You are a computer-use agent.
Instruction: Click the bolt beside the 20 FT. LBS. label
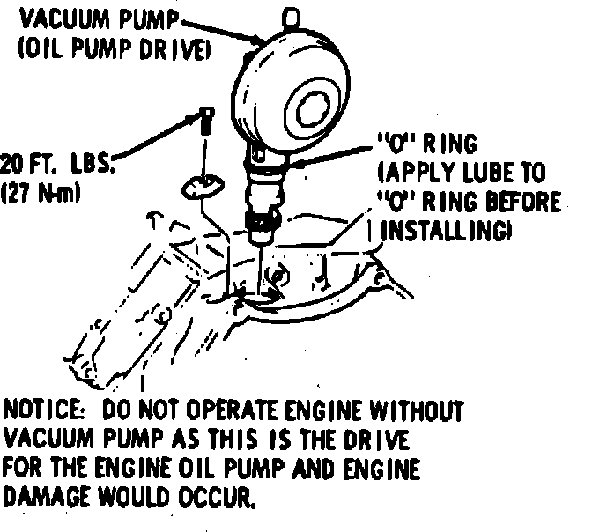pos(203,118)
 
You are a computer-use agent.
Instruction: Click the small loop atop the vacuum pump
pos(288,16)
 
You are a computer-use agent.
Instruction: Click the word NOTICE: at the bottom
pos(46,411)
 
